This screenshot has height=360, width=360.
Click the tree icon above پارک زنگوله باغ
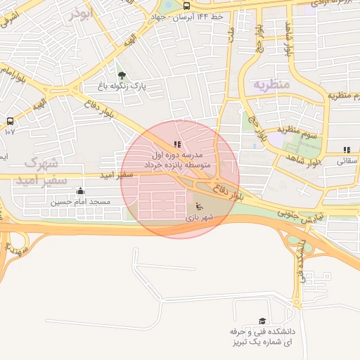click(x=122, y=75)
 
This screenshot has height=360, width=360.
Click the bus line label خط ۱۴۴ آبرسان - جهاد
click(x=190, y=16)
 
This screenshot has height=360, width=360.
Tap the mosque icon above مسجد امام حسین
click(x=80, y=191)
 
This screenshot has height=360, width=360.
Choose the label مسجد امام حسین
click(x=80, y=202)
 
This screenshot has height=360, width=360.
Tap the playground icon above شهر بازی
click(x=198, y=206)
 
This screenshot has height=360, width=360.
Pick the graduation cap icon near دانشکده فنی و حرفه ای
click(x=263, y=321)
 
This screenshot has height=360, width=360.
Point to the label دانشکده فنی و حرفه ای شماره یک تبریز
click(x=262, y=336)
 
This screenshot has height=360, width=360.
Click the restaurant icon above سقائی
click(x=347, y=150)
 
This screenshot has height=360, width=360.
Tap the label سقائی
click(x=347, y=161)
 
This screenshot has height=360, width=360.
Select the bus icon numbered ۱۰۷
click(x=10, y=121)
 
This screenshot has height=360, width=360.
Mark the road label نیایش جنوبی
click(x=301, y=216)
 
